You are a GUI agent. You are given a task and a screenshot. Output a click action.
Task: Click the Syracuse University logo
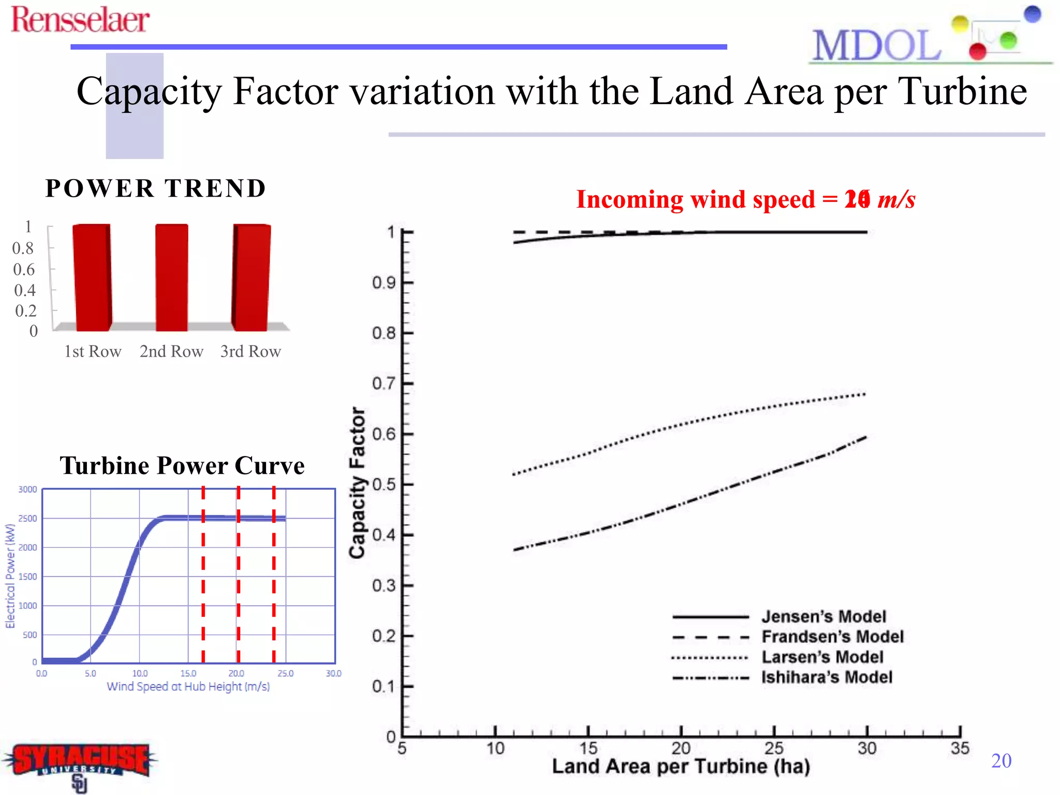[80, 763]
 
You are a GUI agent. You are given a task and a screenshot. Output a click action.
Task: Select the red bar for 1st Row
[92, 277]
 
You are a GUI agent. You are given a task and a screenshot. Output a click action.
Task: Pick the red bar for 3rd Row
[252, 277]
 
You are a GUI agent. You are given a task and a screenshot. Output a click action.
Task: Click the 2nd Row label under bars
[171, 351]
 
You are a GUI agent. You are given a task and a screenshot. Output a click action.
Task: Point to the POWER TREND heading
[155, 188]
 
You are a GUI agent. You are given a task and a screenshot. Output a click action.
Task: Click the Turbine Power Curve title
[182, 465]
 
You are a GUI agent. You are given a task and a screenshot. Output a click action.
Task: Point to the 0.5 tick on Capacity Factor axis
[384, 485]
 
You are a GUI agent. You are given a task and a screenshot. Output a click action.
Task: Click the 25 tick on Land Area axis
[774, 748]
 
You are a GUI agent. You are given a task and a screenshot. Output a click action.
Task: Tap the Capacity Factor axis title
[357, 482]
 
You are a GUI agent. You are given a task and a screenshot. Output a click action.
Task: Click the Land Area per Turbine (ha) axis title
[681, 767]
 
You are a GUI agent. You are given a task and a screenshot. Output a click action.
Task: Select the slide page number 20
[1001, 761]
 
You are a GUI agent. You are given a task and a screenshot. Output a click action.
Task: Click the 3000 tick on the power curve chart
[27, 490]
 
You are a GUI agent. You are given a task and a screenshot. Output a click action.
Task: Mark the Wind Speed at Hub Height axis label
[188, 687]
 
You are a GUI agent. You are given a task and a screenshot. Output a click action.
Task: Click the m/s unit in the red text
[896, 200]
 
